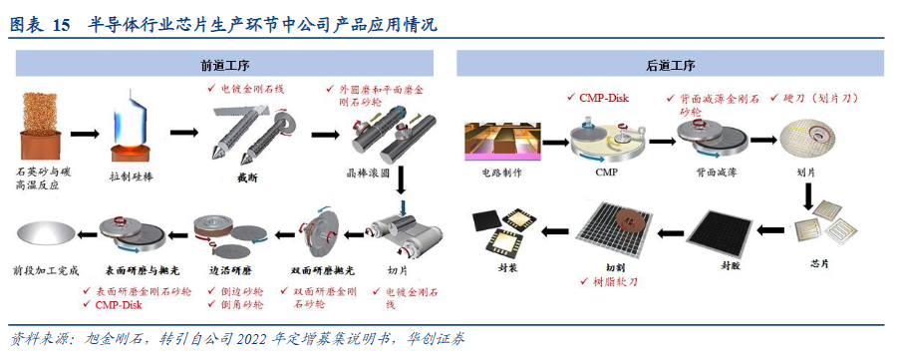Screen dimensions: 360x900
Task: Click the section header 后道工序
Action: (670, 66)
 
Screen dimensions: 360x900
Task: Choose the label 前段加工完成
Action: (48, 270)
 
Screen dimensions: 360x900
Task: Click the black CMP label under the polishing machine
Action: (607, 170)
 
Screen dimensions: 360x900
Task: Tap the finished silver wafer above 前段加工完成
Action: (48, 234)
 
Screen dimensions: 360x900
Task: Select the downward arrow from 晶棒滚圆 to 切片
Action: (401, 180)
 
